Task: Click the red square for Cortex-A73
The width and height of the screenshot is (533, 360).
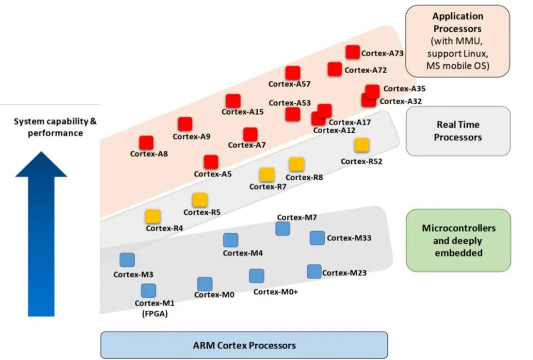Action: click(x=352, y=52)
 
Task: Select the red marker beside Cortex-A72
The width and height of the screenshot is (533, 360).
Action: click(x=335, y=69)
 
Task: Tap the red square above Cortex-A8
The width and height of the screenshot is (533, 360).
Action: click(x=146, y=143)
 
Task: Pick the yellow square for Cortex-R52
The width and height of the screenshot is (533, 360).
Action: click(x=361, y=145)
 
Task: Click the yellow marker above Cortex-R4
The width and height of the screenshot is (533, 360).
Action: click(x=152, y=216)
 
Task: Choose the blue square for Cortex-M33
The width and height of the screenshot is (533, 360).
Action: click(x=317, y=238)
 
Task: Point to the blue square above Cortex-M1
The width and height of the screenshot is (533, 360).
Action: click(x=148, y=291)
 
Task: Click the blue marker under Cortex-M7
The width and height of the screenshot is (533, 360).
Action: click(x=282, y=229)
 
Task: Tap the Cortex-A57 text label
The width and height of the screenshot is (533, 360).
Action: click(x=289, y=84)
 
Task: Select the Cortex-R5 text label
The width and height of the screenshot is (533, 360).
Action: click(x=201, y=212)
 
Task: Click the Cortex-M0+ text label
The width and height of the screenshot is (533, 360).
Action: click(x=275, y=291)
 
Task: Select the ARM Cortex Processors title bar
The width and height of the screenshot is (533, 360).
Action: click(x=244, y=345)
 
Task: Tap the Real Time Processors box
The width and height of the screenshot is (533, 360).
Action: click(x=457, y=131)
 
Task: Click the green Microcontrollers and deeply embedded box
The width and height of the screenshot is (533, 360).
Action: click(x=458, y=240)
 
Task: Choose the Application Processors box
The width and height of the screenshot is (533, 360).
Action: click(x=457, y=41)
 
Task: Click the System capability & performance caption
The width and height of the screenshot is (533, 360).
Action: click(x=55, y=127)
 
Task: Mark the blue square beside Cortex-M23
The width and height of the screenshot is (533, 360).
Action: click(x=314, y=272)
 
